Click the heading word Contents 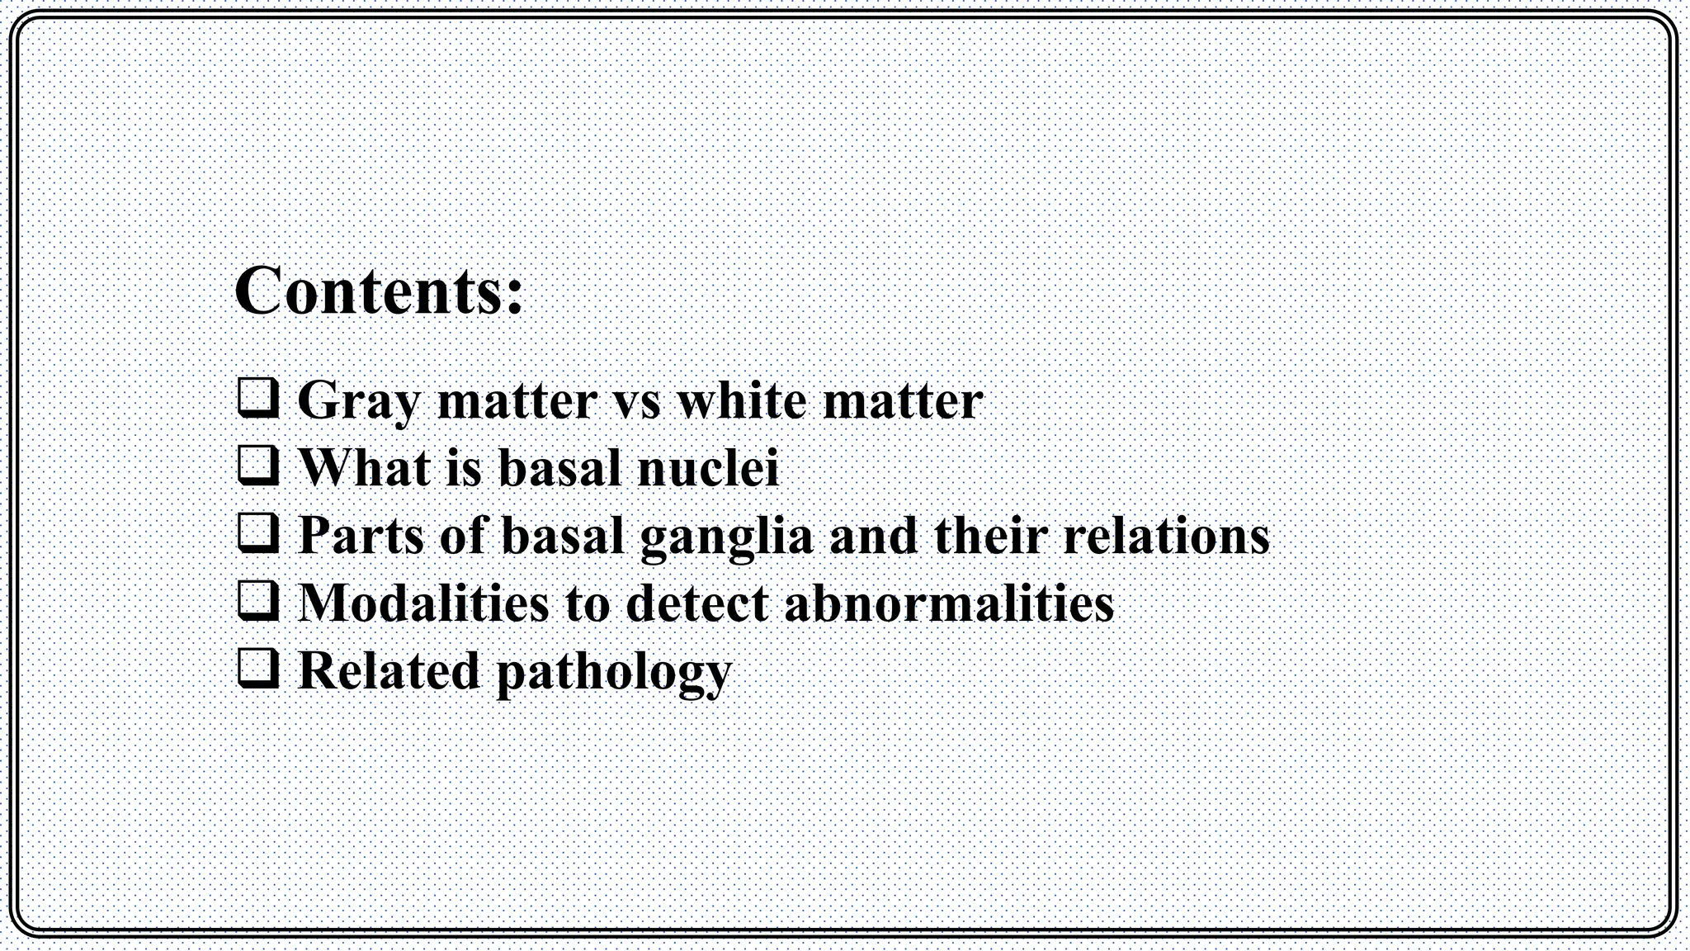point(370,291)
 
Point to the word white point(742,400)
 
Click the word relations point(1165,535)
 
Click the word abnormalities point(949,603)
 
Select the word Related point(388,670)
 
